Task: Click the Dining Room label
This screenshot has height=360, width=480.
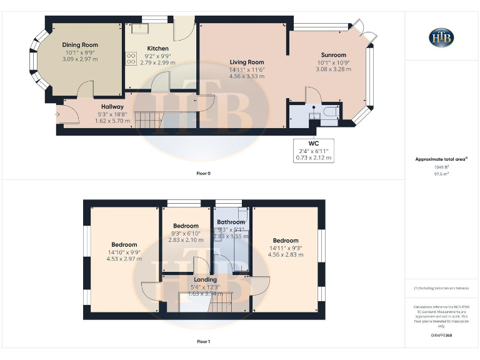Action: tap(80, 45)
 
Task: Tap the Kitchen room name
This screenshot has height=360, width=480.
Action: tap(157, 49)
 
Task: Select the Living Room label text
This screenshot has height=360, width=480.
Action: tap(247, 62)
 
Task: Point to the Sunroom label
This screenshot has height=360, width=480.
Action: tap(333, 55)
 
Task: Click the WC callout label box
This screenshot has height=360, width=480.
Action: tap(314, 151)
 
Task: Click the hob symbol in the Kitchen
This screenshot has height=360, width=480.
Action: tap(131, 59)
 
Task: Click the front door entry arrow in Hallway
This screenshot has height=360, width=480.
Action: tap(58, 114)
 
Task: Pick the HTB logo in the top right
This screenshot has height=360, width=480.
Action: tap(441, 37)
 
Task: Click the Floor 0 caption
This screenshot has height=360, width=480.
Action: tap(204, 173)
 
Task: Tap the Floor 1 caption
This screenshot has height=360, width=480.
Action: tap(204, 342)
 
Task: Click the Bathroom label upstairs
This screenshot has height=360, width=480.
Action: tap(231, 222)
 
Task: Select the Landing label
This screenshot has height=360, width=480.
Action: tap(205, 279)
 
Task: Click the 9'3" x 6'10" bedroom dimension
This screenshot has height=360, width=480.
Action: tap(186, 233)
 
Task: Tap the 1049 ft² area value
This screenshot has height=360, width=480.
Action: tap(441, 167)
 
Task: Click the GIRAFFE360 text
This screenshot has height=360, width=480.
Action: tap(441, 336)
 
